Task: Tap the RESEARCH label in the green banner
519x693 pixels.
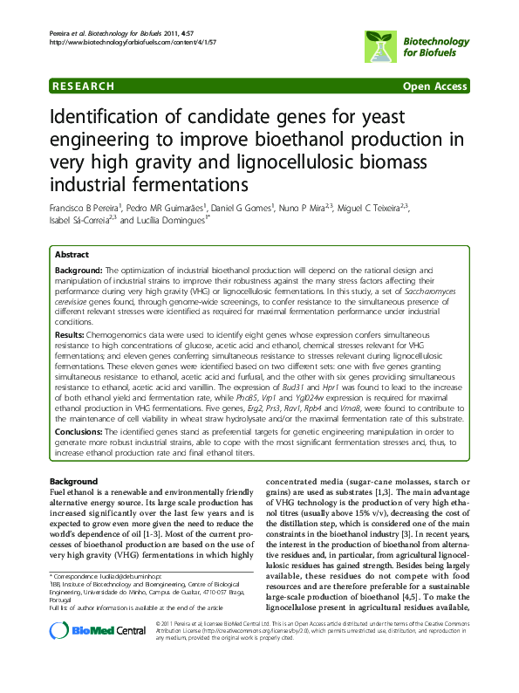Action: pos(83,86)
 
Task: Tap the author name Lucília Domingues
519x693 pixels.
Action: pos(174,221)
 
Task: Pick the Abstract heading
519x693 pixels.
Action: pos(72,255)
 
